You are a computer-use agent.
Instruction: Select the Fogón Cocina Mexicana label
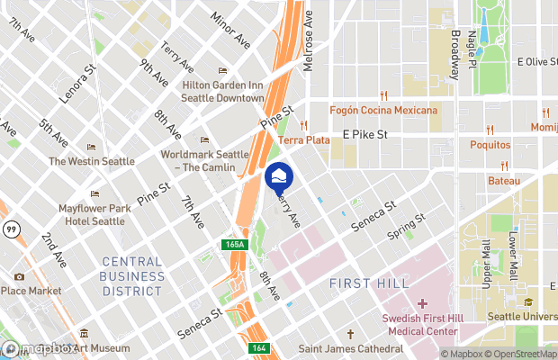pyautogui.click(x=384, y=111)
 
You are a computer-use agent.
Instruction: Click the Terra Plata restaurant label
pyautogui.click(x=304, y=139)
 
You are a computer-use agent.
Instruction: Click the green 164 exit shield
pyautogui.click(x=259, y=349)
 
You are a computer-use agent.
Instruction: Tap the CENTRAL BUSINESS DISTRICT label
pyautogui.click(x=131, y=276)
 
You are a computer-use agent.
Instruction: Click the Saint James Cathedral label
pyautogui.click(x=351, y=348)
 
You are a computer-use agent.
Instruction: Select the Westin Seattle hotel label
pyautogui.click(x=92, y=161)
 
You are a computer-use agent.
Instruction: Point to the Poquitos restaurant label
pyautogui.click(x=490, y=144)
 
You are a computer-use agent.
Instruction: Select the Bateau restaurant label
pyautogui.click(x=504, y=181)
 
